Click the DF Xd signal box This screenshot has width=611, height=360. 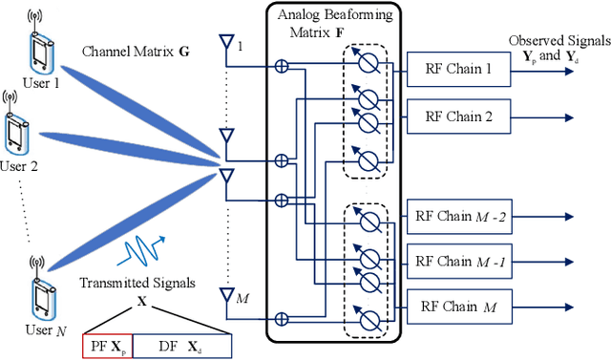tap(181, 346)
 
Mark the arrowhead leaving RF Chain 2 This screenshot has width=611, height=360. tap(570, 117)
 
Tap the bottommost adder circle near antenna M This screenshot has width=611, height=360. tap(282, 319)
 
